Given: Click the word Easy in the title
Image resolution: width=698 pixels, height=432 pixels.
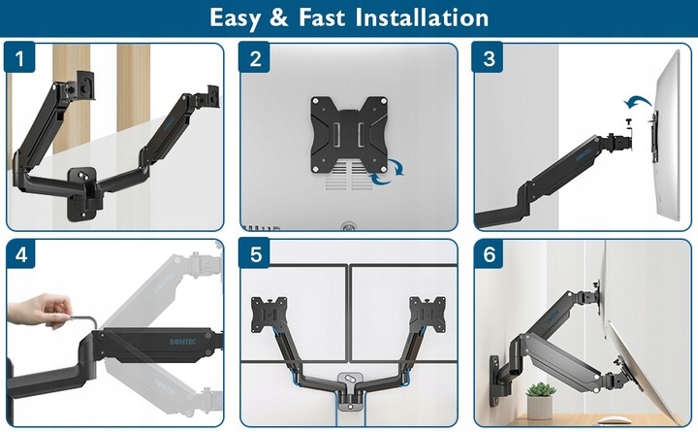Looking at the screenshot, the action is [x=235, y=18].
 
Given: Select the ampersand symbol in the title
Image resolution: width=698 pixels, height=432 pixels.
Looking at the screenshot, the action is [x=279, y=17].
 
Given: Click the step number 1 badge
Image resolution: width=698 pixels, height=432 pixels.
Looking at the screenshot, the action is [x=19, y=57].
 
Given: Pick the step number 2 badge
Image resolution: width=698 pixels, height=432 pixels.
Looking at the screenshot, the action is [x=255, y=57].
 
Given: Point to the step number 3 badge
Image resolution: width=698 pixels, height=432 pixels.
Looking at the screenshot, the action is [x=488, y=57].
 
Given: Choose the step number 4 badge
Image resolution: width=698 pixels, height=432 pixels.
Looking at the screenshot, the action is [x=20, y=253].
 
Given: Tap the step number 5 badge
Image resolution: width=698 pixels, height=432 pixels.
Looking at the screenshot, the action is [x=255, y=253].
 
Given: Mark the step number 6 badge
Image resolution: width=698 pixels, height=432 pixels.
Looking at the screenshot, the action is [x=489, y=253].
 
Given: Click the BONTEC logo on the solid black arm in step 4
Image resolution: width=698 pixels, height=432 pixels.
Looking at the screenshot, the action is [x=183, y=342].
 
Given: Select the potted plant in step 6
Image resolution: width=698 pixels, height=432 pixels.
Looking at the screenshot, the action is [x=540, y=400].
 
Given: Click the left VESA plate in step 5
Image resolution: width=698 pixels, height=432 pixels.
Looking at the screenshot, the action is [x=269, y=313].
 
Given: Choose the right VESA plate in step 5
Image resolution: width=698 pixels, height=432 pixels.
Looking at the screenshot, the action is [x=428, y=312].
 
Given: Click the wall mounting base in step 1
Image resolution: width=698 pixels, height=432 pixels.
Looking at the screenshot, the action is [x=81, y=193].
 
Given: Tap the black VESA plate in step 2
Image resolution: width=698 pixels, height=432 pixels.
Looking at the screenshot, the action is [x=349, y=135].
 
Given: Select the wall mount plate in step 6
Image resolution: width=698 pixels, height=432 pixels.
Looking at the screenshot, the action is [x=495, y=381].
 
